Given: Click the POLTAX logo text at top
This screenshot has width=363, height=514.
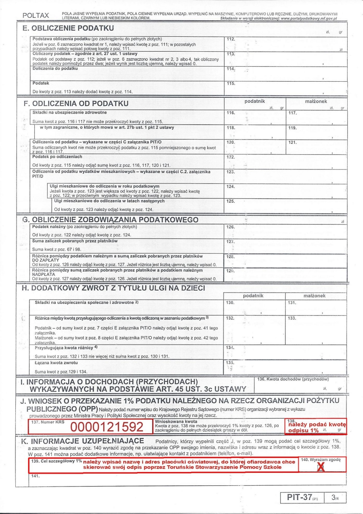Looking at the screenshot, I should pos(36,15).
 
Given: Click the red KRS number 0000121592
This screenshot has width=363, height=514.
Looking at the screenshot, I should pos(107,427).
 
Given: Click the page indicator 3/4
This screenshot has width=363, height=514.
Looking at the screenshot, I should pos(334,497).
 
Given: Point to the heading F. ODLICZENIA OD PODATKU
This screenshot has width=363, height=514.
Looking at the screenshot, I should pos(76,103).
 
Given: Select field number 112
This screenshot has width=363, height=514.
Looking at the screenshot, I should pos(286,44).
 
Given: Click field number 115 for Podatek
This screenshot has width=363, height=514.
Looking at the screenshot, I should pos(286,87).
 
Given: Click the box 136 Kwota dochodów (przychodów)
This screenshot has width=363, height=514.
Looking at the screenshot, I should pos(300,384).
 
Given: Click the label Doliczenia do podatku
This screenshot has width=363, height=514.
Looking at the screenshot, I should pos(55,69).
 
